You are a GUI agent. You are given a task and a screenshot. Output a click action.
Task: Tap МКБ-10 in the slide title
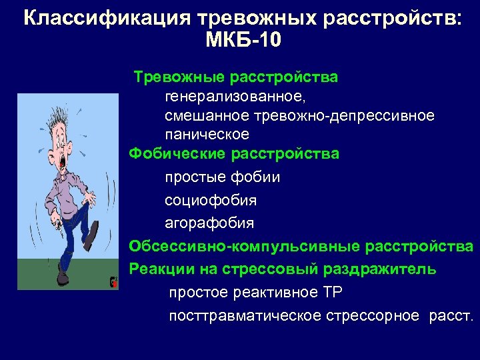(x=243, y=41)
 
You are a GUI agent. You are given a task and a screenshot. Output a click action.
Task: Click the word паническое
(x=207, y=135)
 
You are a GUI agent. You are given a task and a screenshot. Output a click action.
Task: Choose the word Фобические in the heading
(x=177, y=154)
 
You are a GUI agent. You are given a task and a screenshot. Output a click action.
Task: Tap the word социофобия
(x=211, y=200)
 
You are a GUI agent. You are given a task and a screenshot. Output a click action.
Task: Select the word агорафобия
(x=209, y=222)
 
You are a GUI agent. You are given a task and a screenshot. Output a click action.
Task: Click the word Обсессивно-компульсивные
(x=245, y=246)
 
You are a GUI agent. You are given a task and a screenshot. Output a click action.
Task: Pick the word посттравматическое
(x=245, y=315)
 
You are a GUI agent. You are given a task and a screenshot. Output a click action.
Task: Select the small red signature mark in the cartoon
(x=113, y=282)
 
